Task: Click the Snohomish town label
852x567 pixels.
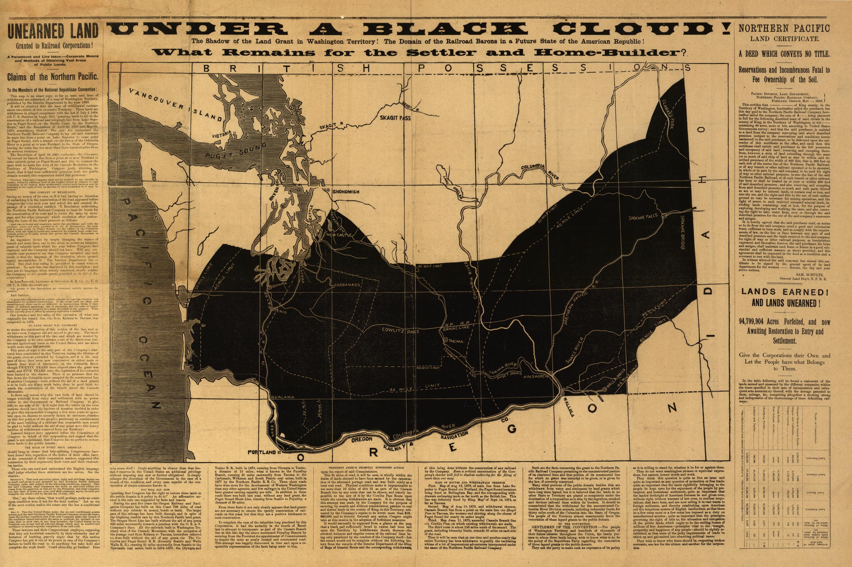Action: click(345, 192)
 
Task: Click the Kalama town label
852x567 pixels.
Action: click(285, 397)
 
